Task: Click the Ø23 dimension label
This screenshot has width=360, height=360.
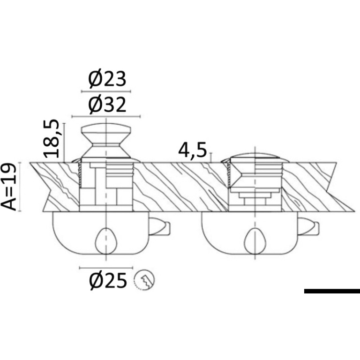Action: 107,79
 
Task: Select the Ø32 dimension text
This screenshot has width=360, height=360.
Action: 107,105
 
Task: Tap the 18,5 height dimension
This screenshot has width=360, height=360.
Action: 51,139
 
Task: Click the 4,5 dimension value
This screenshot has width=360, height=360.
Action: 193,150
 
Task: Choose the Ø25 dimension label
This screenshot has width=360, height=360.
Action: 108,281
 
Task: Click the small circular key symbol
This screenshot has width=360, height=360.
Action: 144,280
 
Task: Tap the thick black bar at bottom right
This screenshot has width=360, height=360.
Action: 332,291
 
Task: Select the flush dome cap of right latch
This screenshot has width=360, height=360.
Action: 255,157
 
